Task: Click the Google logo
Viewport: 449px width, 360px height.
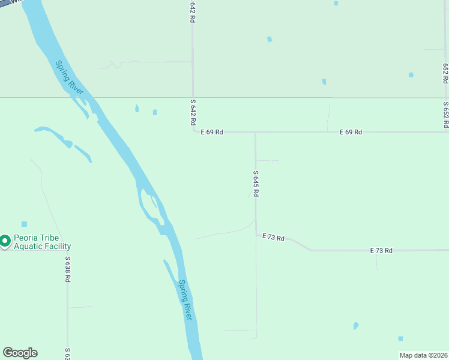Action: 20,353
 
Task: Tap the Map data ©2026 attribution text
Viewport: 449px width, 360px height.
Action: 423,355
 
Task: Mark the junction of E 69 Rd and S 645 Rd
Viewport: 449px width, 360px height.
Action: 256,132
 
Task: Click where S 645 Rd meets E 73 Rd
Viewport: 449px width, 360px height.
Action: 256,235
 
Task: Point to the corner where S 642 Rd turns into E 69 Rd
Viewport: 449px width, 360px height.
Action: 193,131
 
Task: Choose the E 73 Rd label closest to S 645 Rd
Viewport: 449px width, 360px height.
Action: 273,238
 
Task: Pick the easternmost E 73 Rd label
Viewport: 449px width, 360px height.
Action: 381,250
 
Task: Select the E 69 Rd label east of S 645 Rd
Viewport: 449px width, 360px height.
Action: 351,132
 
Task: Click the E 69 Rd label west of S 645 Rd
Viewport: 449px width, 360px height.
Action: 212,132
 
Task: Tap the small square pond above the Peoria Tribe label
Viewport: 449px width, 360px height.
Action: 24,224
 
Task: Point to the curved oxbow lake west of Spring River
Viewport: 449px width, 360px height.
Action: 63,140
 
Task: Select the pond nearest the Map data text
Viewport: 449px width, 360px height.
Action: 400,338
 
